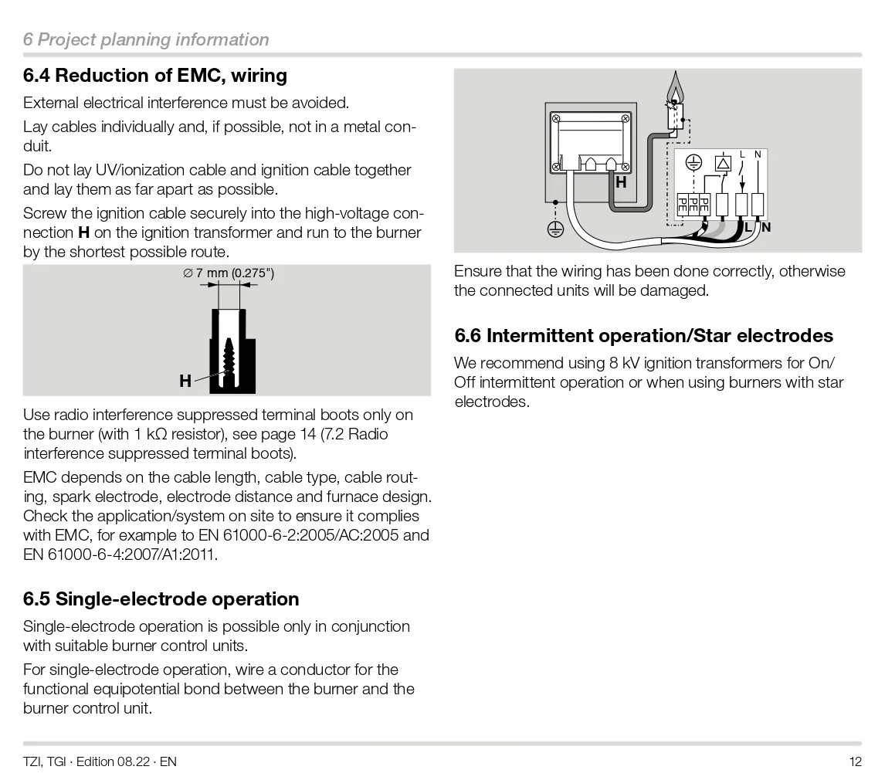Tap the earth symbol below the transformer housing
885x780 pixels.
click(555, 229)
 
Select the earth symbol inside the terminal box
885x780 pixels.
click(693, 162)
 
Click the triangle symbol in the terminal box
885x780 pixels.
click(723, 164)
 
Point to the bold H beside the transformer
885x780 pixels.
click(621, 182)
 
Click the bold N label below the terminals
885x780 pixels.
click(766, 227)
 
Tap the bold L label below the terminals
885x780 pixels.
click(748, 227)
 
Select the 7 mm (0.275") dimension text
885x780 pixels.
click(229, 273)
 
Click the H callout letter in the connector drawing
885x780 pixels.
click(185, 381)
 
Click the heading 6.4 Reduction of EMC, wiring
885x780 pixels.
click(155, 75)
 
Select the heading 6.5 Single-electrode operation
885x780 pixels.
click(161, 599)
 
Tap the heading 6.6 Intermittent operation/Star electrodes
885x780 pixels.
click(643, 335)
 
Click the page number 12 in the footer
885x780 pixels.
click(856, 762)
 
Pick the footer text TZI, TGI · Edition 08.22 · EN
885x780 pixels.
click(100, 762)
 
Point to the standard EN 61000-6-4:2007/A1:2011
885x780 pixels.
click(119, 554)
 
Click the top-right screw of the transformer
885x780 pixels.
click(626, 118)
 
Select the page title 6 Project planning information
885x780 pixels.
click(146, 39)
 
